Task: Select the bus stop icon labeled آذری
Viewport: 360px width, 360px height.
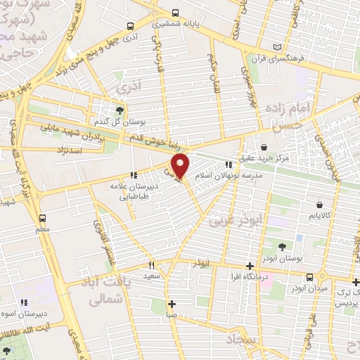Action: coord(130,26)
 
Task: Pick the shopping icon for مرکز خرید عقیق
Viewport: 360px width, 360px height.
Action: coord(263,147)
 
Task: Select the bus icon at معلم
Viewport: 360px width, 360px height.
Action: coord(43,218)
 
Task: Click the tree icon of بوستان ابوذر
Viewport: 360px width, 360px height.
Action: coord(283,246)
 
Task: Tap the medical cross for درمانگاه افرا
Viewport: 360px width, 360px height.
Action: coord(250,266)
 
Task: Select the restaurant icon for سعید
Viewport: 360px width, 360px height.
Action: coord(150,266)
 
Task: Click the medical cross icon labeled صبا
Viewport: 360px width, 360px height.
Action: coord(172,304)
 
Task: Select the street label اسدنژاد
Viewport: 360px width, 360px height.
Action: coord(72,150)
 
